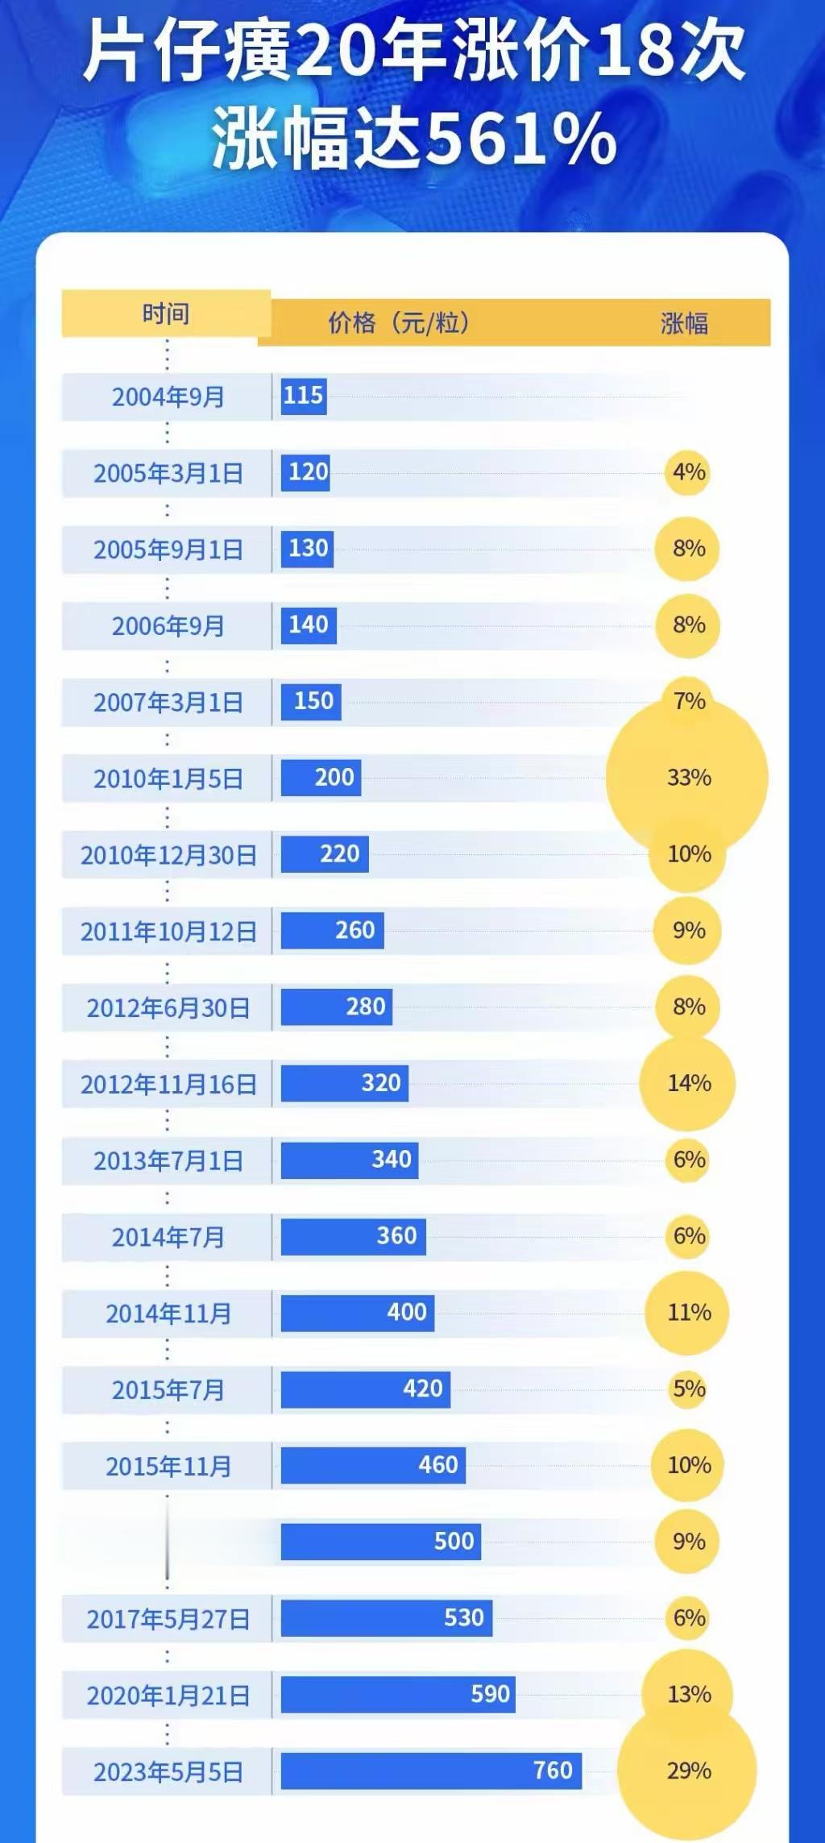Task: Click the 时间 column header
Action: coord(166,313)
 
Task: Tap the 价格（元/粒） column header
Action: coord(399,323)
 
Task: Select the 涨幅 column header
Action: coord(684,324)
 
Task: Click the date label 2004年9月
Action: coord(168,396)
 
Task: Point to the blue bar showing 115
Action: coord(304,396)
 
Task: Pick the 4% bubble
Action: coord(689,472)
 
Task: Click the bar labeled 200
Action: coord(321,778)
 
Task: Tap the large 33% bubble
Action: coord(688,778)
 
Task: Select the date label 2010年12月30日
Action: coord(168,855)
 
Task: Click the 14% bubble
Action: coord(688,1083)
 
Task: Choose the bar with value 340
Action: coord(350,1160)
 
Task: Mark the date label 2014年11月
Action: coord(168,1314)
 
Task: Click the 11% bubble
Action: coord(688,1313)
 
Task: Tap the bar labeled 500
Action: coord(381,1542)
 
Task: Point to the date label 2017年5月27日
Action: coord(168,1619)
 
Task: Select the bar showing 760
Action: coord(431,1770)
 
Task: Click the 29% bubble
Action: coord(688,1771)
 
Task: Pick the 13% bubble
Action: coord(688,1695)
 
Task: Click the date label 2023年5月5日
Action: coord(168,1772)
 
